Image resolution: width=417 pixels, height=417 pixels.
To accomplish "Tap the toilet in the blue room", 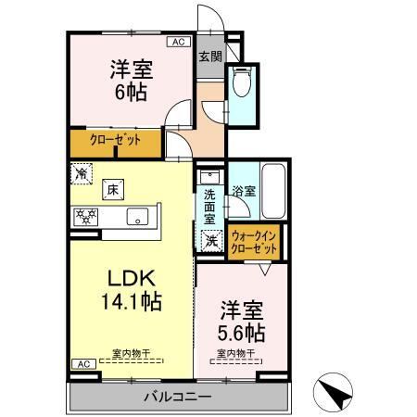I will (x=243, y=82).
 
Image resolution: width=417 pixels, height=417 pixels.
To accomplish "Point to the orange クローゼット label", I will (x=115, y=140).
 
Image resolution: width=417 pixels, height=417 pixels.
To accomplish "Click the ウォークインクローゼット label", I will (x=254, y=242).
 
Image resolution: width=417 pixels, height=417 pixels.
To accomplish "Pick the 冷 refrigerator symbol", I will (x=82, y=172).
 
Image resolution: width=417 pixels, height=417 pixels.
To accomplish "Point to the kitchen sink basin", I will (x=136, y=218).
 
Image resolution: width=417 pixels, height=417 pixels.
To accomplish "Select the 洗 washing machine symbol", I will (x=210, y=240).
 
